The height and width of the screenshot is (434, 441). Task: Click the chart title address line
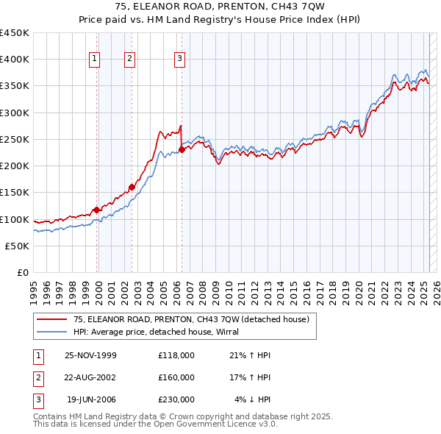tap(220, 7)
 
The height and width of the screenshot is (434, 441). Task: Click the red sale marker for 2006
tap(182, 150)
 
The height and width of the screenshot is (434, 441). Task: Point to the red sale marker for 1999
tap(96, 210)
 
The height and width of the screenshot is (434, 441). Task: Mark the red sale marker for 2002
tap(132, 187)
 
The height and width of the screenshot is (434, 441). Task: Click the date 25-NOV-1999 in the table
tap(90, 355)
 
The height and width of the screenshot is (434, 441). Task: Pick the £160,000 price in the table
tap(176, 377)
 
